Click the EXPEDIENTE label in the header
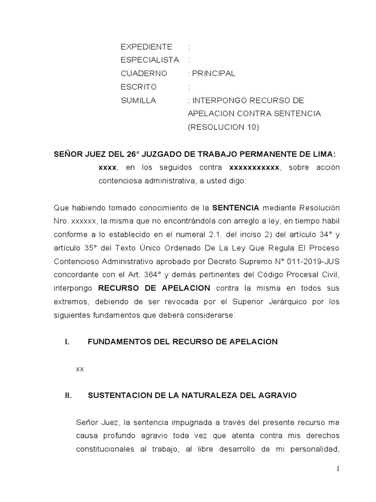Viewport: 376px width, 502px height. coord(146,47)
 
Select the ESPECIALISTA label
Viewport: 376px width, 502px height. coord(150,60)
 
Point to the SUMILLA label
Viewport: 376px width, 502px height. coord(138,100)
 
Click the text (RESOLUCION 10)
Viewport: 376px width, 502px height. coord(223,127)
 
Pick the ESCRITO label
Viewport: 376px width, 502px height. coord(139,87)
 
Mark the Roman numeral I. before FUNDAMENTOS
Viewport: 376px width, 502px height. coord(68,342)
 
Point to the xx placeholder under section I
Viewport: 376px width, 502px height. coord(80,369)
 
